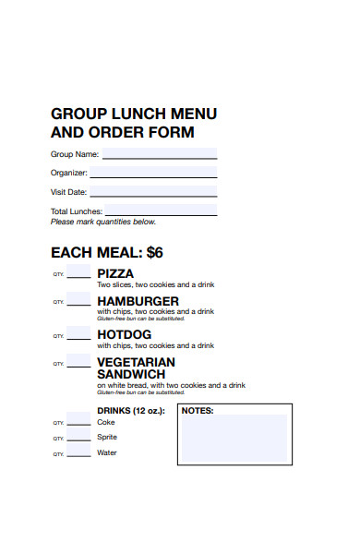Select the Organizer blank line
click(153, 173)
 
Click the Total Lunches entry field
click(161, 211)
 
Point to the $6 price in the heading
click(153, 252)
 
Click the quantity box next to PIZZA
click(79, 272)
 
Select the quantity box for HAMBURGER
click(79, 300)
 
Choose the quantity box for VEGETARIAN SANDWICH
click(79, 361)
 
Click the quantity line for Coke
click(80, 423)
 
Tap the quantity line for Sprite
click(80, 438)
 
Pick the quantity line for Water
click(80, 453)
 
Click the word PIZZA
click(115, 273)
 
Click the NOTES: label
click(198, 410)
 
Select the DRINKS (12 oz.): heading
click(131, 410)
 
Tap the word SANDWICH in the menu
click(131, 374)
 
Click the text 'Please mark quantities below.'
click(103, 222)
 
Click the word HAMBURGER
click(138, 301)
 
